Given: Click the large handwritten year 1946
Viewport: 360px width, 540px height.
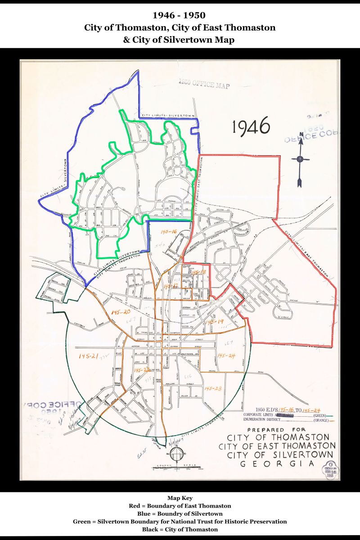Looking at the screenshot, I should [x=251, y=127].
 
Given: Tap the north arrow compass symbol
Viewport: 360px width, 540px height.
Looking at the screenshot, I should [x=300, y=159].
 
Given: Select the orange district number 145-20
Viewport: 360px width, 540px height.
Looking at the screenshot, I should [x=120, y=312].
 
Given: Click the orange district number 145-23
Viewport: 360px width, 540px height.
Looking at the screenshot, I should [x=212, y=388].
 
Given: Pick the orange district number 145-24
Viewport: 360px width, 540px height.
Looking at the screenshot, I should [x=226, y=355].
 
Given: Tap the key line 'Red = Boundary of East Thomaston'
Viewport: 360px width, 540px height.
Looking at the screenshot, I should [x=180, y=506].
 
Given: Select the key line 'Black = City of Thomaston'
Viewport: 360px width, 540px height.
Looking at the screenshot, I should [x=180, y=529].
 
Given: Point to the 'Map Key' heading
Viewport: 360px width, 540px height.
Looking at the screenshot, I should [x=180, y=498].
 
